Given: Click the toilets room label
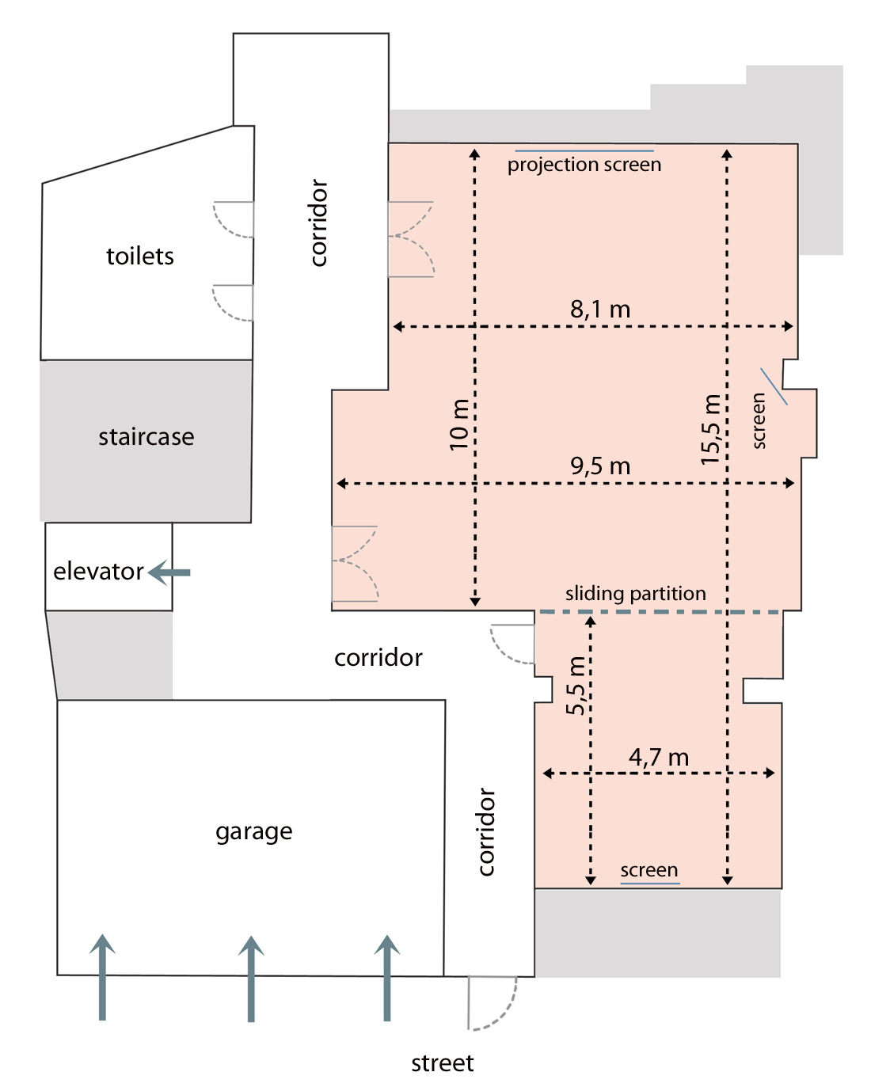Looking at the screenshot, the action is coord(140,256).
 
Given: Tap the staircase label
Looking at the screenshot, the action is coord(146,436).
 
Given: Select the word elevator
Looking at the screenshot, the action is coord(98,572).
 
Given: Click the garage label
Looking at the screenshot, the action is coord(254,832).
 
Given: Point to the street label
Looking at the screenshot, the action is coord(442,1063).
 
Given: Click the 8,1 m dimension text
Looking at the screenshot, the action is coord(600,310).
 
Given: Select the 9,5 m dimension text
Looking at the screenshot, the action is coord(600,466).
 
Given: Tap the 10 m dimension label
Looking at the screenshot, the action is coord(459,424).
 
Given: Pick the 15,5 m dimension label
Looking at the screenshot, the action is coord(711,429).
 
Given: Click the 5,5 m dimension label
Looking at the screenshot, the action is coord(576,686).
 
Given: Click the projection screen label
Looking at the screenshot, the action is coord(584,165).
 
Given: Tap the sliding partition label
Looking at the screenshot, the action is coord(636,593).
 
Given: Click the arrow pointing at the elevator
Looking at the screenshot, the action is coord(169,572).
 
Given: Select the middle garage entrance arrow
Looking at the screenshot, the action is coord(251,979).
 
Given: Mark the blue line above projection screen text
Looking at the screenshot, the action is coord(584,150).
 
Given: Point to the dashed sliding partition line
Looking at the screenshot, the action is coord(659,612).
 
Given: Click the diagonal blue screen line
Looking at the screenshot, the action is coord(774,386).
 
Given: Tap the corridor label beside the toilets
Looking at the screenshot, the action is coord(318,222).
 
